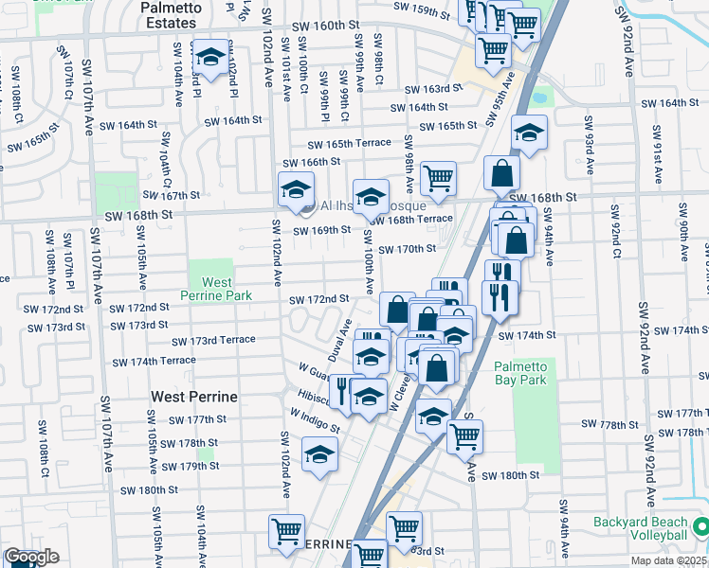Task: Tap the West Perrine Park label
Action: pos(216,289)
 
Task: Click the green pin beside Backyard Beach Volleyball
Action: pos(700,524)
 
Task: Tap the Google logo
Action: pos(30,557)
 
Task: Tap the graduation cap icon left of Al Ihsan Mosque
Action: pos(296,191)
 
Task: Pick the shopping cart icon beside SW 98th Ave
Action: pos(438,179)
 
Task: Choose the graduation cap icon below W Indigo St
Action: pos(320,455)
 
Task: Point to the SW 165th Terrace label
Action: pos(348,143)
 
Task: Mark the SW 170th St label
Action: pos(406,250)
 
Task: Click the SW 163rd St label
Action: pos(433,88)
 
